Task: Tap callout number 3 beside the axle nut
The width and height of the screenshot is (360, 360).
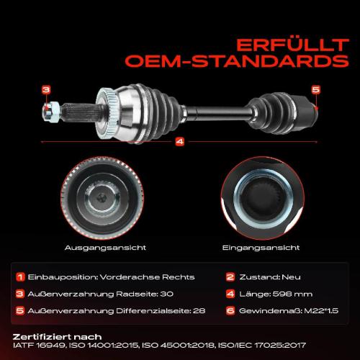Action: (45, 89)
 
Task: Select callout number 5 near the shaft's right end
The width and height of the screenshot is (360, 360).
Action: (315, 89)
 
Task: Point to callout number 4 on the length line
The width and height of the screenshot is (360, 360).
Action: (179, 142)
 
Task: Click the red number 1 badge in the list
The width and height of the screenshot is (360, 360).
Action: (21, 276)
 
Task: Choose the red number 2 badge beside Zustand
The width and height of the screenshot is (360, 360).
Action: (230, 276)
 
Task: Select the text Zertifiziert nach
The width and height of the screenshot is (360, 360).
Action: (57, 336)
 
